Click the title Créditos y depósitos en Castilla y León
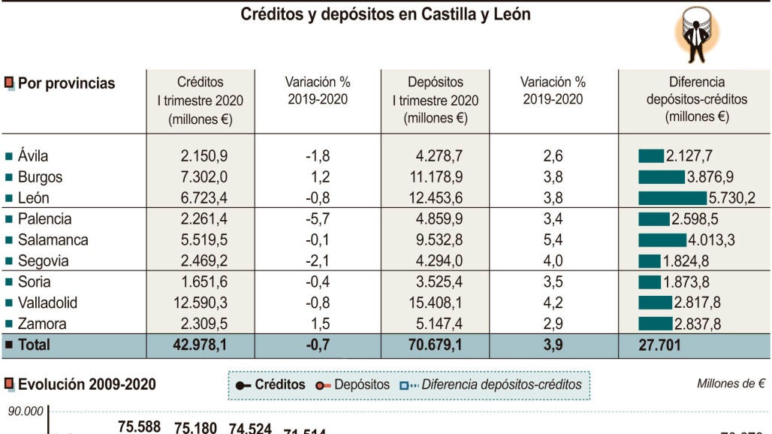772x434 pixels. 385,14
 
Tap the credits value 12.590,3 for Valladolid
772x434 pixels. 204,303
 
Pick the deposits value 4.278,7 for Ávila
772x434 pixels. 439,156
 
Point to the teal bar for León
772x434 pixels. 672,198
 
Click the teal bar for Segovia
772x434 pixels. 649,261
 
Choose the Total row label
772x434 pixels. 33,345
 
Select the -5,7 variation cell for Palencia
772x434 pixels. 317,219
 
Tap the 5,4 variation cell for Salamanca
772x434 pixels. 553,240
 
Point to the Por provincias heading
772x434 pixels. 66,83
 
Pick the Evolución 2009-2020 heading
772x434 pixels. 86,384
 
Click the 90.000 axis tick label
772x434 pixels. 25,411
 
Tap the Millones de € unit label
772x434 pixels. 731,384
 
